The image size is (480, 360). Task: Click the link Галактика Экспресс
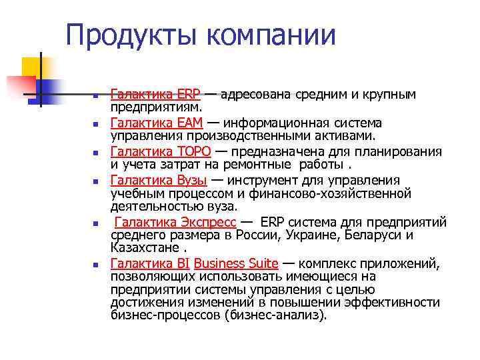pos(175,222)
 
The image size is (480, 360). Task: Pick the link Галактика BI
pos(149,263)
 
